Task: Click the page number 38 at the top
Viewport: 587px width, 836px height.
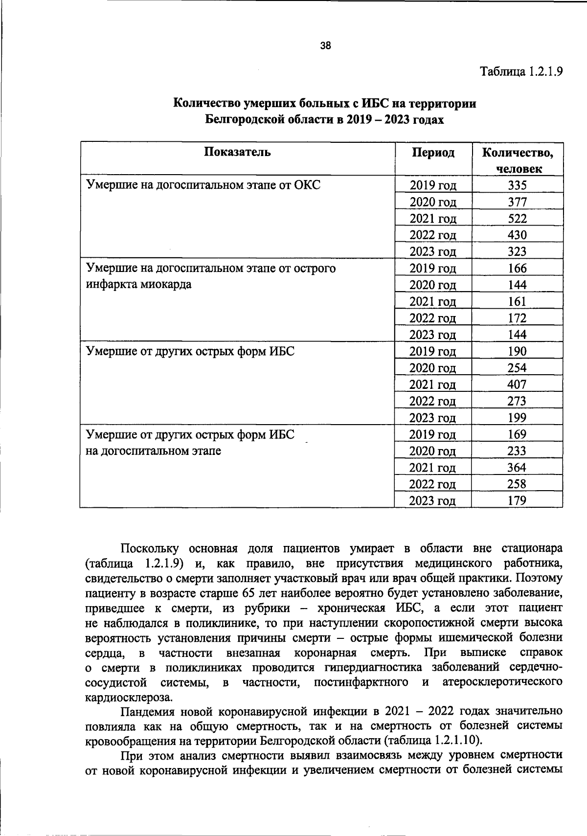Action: coord(325,46)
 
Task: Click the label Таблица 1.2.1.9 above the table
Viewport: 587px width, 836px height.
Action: coord(521,71)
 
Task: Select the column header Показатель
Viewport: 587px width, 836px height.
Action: coord(237,152)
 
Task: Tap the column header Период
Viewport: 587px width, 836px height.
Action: coord(433,153)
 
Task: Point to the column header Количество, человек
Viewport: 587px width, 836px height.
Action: coord(518,160)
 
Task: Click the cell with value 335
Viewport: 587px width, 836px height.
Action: coord(517,185)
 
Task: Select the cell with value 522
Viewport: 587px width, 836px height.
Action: coord(517,219)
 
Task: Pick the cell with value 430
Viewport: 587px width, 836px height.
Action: coord(517,235)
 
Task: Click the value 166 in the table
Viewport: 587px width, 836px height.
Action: coord(517,269)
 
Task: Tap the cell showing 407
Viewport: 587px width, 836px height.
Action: coord(517,384)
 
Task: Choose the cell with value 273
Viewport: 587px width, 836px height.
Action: coord(517,401)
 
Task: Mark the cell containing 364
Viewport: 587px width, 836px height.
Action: coord(517,468)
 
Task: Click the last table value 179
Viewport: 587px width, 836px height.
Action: coord(517,500)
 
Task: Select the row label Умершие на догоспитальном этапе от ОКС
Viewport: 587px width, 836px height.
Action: coord(203,185)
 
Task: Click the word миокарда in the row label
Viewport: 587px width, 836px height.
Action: coord(165,285)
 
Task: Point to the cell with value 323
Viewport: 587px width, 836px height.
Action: coord(517,252)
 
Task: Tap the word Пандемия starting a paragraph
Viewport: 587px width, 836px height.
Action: coord(146,711)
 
